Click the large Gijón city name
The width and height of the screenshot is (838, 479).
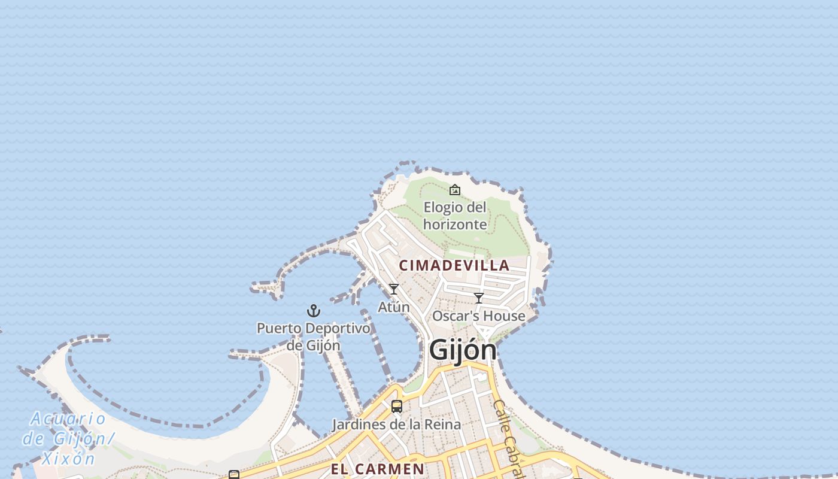[x=463, y=350]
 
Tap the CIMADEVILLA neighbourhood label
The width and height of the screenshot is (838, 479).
[x=454, y=265]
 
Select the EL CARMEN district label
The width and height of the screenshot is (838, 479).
[x=377, y=468]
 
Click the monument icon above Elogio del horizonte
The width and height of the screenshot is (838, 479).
[x=455, y=190]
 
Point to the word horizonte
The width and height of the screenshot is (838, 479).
[x=455, y=225]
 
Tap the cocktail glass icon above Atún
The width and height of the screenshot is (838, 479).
[x=394, y=289]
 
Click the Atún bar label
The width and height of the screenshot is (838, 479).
[x=394, y=307]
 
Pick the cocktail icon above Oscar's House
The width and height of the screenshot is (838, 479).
[x=479, y=298]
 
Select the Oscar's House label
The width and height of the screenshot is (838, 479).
[x=479, y=316]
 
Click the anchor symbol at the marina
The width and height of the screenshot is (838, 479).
[x=314, y=311]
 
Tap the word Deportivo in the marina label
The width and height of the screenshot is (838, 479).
[x=337, y=329]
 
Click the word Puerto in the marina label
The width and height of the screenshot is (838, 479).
[x=279, y=329]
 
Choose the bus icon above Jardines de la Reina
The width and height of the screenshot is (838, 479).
[x=396, y=407]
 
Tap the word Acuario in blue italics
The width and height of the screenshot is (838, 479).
[x=68, y=419]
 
